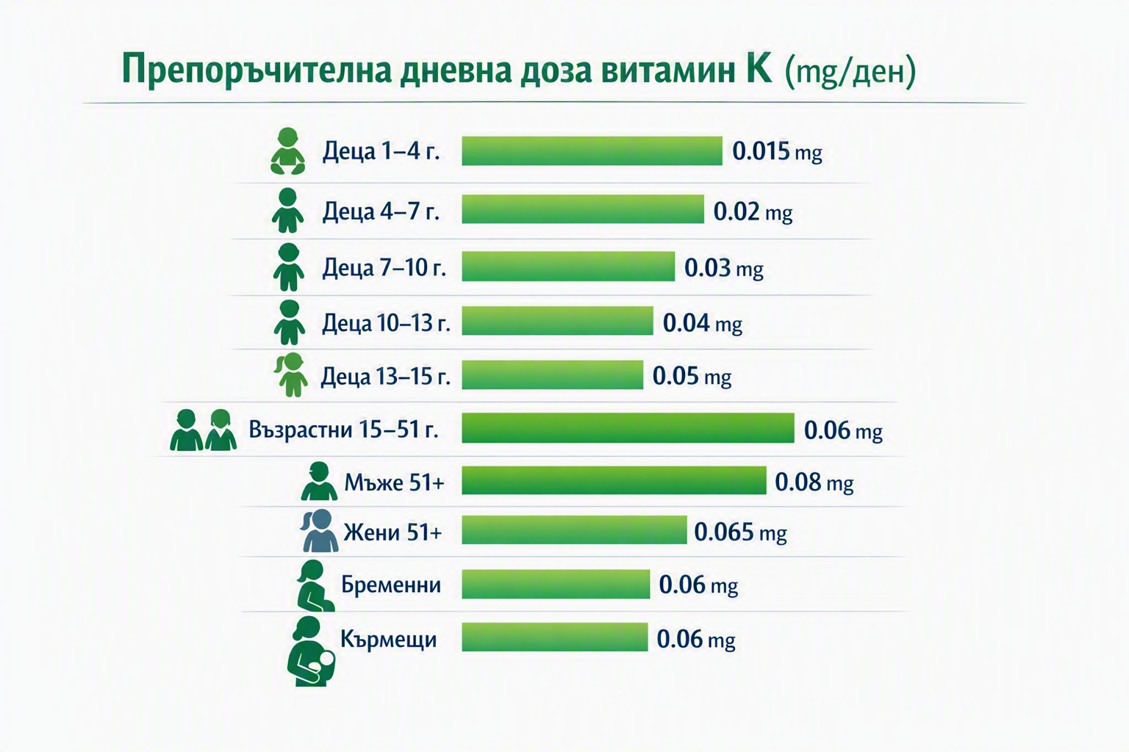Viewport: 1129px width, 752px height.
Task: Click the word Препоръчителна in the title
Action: click(x=257, y=70)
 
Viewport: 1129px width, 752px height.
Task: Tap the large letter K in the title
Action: click(x=759, y=68)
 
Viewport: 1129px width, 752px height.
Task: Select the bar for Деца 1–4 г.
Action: click(x=592, y=151)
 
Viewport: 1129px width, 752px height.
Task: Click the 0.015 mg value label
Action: click(x=777, y=151)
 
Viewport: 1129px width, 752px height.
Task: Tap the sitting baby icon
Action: click(x=288, y=151)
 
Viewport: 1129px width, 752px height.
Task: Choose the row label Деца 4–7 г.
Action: click(x=381, y=211)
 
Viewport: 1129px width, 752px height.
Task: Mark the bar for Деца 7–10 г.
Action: click(x=568, y=266)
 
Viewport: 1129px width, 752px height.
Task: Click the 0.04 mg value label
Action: click(x=702, y=323)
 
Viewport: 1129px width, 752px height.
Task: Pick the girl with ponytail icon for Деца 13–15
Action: click(x=291, y=375)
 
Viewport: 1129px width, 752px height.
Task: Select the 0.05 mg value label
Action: click(x=692, y=376)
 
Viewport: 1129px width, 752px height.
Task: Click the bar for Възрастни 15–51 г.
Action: click(x=628, y=427)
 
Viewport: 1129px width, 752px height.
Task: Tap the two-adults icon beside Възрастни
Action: click(x=203, y=430)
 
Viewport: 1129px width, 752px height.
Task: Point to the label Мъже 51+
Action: click(x=394, y=482)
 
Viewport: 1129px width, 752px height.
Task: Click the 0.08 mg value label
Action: click(x=814, y=482)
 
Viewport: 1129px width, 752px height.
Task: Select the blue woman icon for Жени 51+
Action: click(x=319, y=530)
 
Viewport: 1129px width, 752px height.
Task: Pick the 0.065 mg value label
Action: click(x=740, y=532)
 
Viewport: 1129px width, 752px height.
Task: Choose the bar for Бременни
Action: click(x=556, y=585)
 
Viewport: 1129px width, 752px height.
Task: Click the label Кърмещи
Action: click(x=389, y=640)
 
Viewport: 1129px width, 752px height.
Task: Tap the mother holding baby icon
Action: click(x=311, y=651)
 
